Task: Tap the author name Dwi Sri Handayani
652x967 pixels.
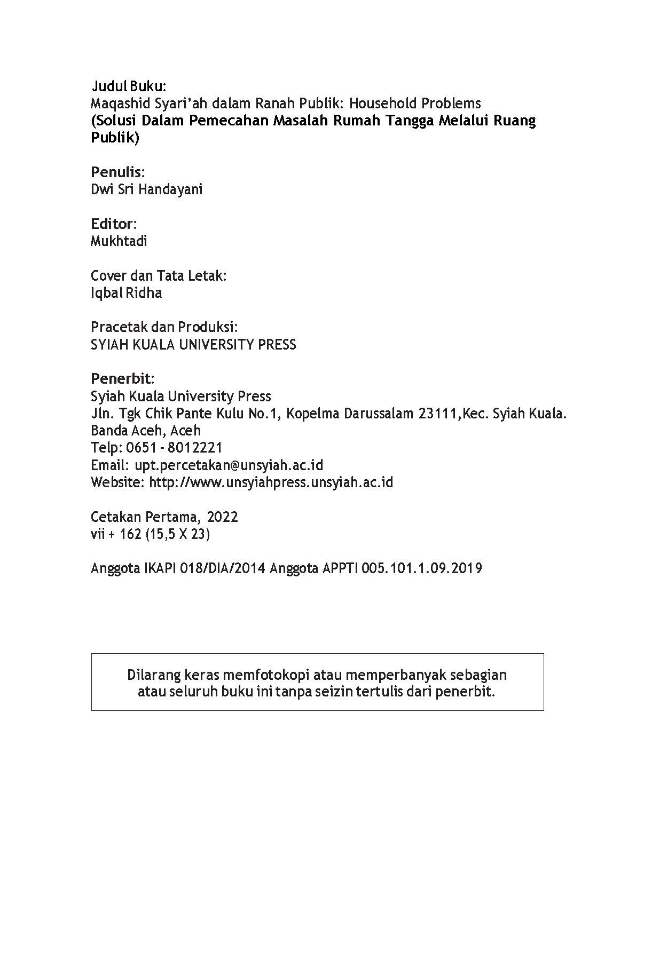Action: (147, 189)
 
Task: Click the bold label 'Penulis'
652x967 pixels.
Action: (116, 172)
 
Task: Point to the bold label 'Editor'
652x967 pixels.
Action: (113, 224)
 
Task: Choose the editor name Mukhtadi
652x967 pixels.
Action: (119, 241)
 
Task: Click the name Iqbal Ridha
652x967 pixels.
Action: (127, 293)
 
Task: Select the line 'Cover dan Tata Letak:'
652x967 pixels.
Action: (159, 276)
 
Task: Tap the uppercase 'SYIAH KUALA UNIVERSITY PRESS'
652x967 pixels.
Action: (193, 345)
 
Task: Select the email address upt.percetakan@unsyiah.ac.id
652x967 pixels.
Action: (229, 465)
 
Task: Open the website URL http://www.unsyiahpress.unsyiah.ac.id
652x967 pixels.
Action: (271, 482)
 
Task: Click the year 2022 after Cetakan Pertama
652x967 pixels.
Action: (222, 517)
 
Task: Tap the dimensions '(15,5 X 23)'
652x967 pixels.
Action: (177, 534)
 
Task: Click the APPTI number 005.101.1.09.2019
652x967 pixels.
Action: (421, 568)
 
